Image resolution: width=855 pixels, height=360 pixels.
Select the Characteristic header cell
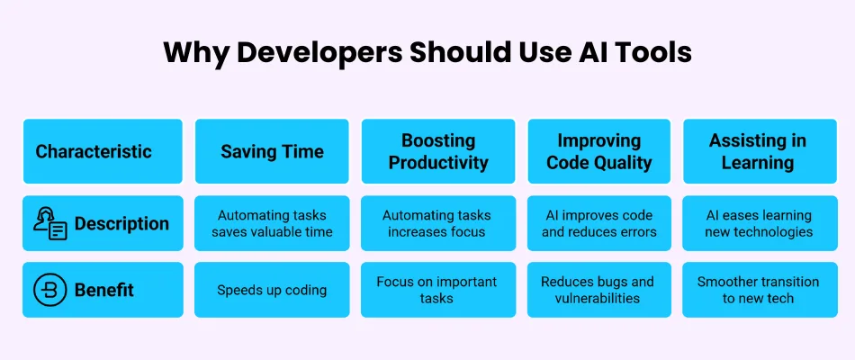click(103, 151)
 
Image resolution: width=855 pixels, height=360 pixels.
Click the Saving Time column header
click(272, 151)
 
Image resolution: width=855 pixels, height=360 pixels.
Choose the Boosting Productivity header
click(438, 151)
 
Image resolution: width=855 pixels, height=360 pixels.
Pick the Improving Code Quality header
click(598, 151)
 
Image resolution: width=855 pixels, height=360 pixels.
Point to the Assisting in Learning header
click(760, 151)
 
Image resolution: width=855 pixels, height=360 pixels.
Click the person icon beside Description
click(50, 223)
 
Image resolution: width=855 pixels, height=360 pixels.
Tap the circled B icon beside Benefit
click(50, 290)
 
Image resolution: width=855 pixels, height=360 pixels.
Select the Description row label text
click(121, 223)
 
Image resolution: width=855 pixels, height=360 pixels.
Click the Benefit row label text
click(104, 290)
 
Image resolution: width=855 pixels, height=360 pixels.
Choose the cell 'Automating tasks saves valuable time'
click(272, 223)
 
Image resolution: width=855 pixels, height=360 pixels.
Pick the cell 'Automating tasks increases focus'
click(438, 223)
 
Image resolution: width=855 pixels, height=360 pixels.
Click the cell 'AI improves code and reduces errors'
click(598, 223)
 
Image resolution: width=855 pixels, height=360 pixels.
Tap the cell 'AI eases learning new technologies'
click(760, 223)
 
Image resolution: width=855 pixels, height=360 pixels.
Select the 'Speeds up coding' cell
click(272, 290)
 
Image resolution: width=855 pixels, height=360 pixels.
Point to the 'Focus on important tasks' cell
click(438, 290)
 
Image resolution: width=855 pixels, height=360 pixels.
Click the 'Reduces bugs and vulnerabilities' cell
click(598, 290)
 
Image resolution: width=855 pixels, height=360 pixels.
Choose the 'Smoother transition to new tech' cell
click(760, 290)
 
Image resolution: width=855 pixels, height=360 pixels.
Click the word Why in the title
click(196, 53)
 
